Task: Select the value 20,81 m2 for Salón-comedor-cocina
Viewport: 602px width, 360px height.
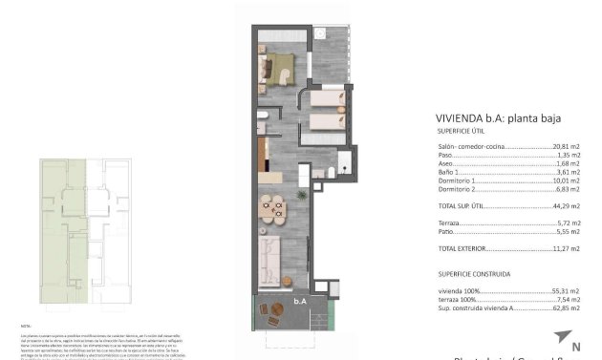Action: (568, 147)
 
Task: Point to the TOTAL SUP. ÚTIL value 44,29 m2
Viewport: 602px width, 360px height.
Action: (568, 205)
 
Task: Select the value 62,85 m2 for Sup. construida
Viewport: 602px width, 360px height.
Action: (568, 308)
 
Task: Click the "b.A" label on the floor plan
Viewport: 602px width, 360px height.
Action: (300, 301)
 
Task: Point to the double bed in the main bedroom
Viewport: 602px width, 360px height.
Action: (281, 67)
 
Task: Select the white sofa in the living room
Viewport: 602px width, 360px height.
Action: (268, 257)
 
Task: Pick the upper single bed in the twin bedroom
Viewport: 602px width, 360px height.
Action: (328, 98)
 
